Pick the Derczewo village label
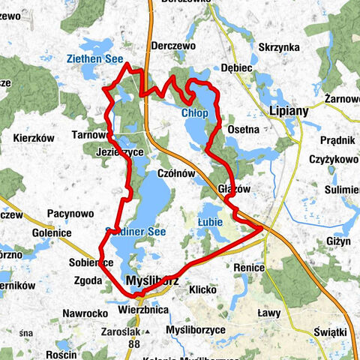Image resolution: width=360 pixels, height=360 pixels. pyautogui.click(x=173, y=46)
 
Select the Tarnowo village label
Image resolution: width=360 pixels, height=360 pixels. pyautogui.click(x=90, y=135)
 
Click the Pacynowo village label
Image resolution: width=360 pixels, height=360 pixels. pyautogui.click(x=70, y=214)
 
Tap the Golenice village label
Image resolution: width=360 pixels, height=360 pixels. pyautogui.click(x=52, y=233)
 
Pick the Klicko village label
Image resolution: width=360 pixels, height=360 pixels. pyautogui.click(x=202, y=289)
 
